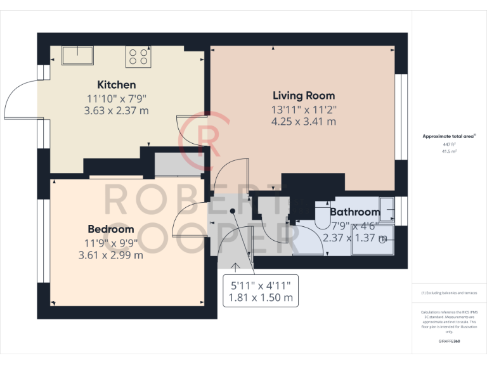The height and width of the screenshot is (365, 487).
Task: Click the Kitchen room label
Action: point(116,85)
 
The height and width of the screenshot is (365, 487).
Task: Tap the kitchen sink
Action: point(77,55)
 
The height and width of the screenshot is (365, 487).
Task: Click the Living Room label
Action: point(304,96)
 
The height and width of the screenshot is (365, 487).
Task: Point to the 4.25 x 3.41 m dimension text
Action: point(304,122)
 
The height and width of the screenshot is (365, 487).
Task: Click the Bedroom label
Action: point(111,229)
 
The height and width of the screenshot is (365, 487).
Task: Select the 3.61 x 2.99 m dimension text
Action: point(111,255)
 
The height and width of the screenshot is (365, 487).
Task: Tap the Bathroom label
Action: point(354,212)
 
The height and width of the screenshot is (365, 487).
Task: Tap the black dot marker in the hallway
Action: point(233,211)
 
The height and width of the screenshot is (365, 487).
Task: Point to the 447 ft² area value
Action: point(449,144)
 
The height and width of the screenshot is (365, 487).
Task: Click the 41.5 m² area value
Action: point(449,151)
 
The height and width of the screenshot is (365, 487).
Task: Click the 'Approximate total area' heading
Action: point(449,136)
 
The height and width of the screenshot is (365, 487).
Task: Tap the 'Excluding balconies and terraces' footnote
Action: point(449,293)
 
